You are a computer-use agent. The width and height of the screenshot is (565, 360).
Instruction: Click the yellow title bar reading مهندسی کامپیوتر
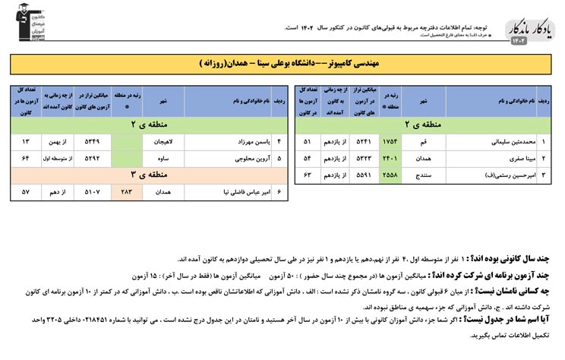click(282, 63)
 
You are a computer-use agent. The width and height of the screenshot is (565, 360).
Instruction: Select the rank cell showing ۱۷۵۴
click(391, 142)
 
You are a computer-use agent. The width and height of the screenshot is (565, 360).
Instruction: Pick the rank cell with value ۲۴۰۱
click(391, 159)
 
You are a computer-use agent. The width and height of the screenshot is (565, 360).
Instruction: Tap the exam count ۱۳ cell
click(26, 142)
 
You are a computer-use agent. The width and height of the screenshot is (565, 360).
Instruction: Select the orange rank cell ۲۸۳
click(127, 192)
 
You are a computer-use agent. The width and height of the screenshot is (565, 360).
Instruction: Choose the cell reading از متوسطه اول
click(58, 159)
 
